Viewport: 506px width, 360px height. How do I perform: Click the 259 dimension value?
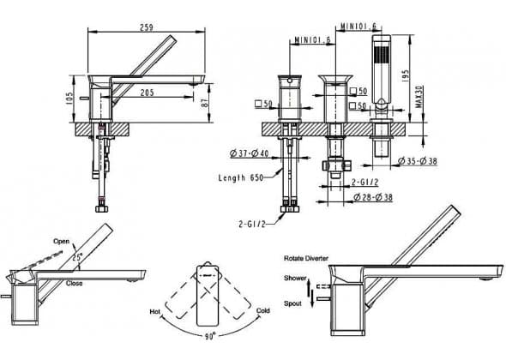[146, 27]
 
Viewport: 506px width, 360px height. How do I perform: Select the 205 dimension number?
[148, 93]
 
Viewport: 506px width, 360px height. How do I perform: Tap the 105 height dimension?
[69, 98]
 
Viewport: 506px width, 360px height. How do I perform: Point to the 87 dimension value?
[205, 103]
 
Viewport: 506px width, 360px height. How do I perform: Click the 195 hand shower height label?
[406, 76]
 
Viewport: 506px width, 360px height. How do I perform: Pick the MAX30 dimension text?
[419, 97]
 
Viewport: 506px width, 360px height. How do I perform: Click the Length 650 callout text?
[241, 177]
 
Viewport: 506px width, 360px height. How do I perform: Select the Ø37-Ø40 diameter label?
[249, 153]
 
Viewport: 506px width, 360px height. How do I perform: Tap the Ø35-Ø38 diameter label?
[418, 160]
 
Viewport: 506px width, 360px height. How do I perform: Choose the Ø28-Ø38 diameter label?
[373, 197]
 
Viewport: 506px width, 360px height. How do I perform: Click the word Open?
[61, 242]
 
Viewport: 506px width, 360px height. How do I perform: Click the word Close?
[75, 283]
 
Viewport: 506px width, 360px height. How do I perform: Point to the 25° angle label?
[77, 257]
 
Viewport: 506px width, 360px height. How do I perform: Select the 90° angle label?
[210, 337]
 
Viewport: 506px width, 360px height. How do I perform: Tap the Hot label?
[154, 312]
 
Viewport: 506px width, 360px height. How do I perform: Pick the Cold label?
[263, 310]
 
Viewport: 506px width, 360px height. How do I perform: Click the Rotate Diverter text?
[306, 258]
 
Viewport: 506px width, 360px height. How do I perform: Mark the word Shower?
[295, 278]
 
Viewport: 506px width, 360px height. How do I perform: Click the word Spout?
[292, 303]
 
